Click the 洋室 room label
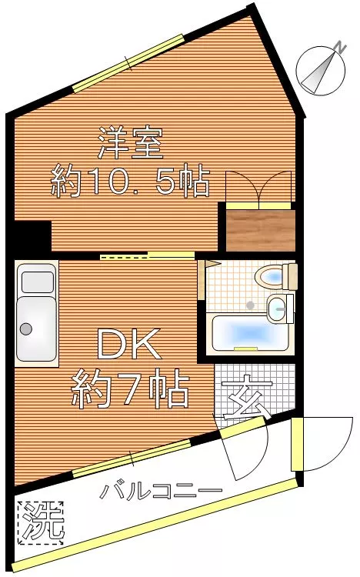pos(131,143)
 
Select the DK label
pos(129,344)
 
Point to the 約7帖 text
pos(131,389)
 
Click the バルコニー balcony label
pos(162,492)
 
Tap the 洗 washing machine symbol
pos(41,523)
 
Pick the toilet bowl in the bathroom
pos(268,277)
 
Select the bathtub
pos(249,332)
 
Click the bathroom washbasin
pos(277,309)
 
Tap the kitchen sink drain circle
pos(25,329)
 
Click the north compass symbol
pos(321,71)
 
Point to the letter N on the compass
pos(341,47)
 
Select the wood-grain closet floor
pos(261,231)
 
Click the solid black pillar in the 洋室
pos(32,236)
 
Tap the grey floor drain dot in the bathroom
pos(250,305)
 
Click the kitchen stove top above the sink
pos(37,282)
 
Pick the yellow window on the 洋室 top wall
pos(128,63)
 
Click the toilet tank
pos(290,276)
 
